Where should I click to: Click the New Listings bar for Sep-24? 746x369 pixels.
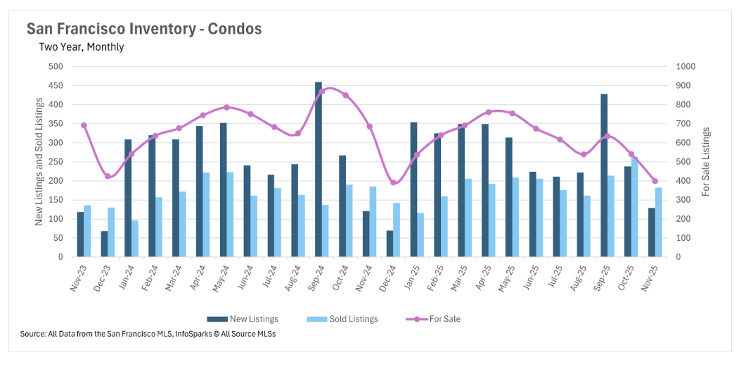pyautogui.click(x=319, y=170)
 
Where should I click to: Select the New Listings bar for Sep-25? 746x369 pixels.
pyautogui.click(x=604, y=175)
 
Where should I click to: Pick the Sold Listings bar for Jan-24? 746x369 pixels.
pyautogui.click(x=135, y=239)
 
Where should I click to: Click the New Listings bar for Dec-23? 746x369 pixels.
pyautogui.click(x=104, y=244)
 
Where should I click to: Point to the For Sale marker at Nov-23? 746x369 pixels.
pyautogui.click(x=84, y=125)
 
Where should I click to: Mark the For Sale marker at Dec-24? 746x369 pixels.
pyautogui.click(x=393, y=182)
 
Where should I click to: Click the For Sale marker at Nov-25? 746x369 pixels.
pyautogui.click(x=655, y=181)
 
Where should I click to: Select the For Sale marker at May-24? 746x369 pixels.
pyautogui.click(x=226, y=108)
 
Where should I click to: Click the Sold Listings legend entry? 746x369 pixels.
pyautogui.click(x=342, y=319)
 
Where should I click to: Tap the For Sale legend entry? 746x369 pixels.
pyautogui.click(x=434, y=319)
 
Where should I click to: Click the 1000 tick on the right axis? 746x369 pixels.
pyautogui.click(x=686, y=67)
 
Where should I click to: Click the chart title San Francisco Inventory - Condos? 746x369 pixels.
pyautogui.click(x=144, y=29)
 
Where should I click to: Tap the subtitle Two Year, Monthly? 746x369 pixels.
pyautogui.click(x=82, y=47)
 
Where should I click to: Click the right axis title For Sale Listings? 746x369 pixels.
pyautogui.click(x=706, y=162)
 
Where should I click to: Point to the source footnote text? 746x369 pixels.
pyautogui.click(x=148, y=334)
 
